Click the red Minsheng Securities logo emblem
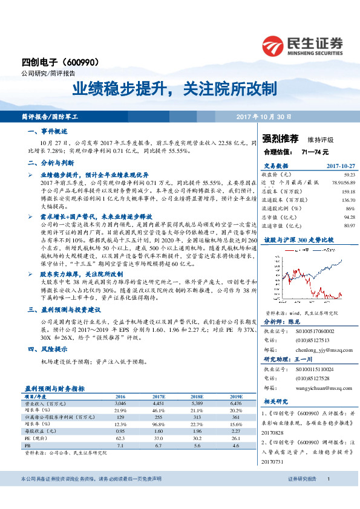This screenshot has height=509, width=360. pos(274,44)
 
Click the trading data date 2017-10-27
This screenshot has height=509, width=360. pos(341,165)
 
